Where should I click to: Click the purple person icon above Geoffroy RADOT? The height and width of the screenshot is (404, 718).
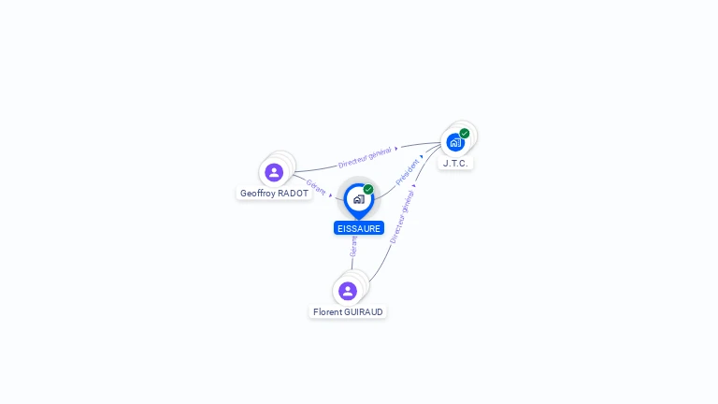(x=274, y=172)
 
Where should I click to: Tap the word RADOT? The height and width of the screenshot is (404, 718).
(x=294, y=194)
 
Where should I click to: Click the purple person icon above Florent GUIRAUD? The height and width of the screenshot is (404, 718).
(x=348, y=291)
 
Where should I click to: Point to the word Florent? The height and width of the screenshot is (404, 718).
(x=329, y=312)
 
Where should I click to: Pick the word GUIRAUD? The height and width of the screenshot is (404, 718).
(x=366, y=312)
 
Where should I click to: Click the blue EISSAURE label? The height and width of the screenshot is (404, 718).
(x=359, y=228)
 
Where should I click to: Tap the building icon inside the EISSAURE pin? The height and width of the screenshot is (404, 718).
(x=358, y=199)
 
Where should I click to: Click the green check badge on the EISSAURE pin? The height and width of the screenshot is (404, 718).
(x=368, y=190)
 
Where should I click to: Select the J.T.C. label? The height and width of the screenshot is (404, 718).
(x=455, y=163)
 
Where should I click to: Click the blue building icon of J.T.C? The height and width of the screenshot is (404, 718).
(x=455, y=143)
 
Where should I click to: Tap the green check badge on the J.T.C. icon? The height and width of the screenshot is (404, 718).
(x=465, y=134)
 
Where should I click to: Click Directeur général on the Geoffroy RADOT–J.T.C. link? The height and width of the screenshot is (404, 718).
(x=365, y=157)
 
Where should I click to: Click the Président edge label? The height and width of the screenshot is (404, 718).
(x=407, y=172)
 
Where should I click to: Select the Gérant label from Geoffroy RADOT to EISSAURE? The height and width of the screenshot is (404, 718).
(x=316, y=187)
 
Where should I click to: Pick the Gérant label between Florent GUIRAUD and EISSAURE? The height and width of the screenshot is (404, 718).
(x=353, y=246)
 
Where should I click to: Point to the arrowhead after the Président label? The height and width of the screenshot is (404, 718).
(x=422, y=157)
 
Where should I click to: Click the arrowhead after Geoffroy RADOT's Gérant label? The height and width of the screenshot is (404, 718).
(x=331, y=195)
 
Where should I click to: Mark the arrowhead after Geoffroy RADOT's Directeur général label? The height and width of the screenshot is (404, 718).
(x=396, y=148)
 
